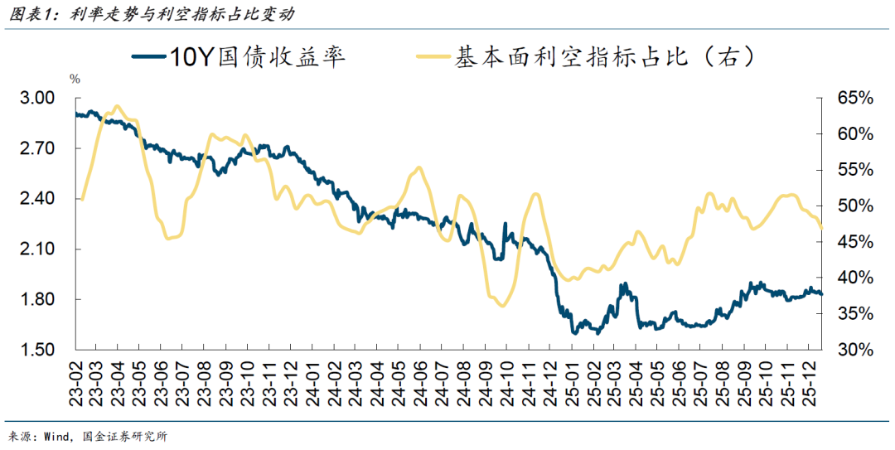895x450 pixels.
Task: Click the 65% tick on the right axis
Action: [855, 99]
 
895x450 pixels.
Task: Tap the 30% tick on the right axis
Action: [855, 350]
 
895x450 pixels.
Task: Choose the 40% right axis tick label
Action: [855, 278]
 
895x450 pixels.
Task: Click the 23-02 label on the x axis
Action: [77, 380]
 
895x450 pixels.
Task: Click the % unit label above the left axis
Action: [75, 80]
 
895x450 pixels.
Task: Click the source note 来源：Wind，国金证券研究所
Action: [88, 438]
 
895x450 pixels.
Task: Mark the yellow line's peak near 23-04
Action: [116, 106]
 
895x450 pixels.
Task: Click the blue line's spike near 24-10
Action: [506, 224]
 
